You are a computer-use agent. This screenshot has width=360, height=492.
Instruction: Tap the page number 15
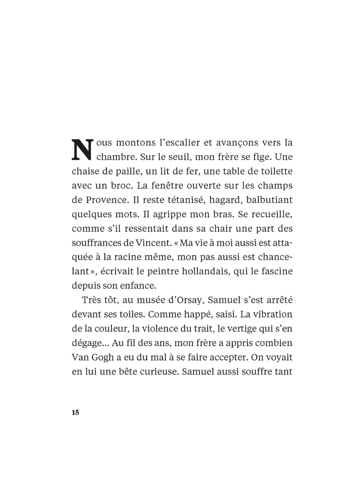(76, 413)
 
